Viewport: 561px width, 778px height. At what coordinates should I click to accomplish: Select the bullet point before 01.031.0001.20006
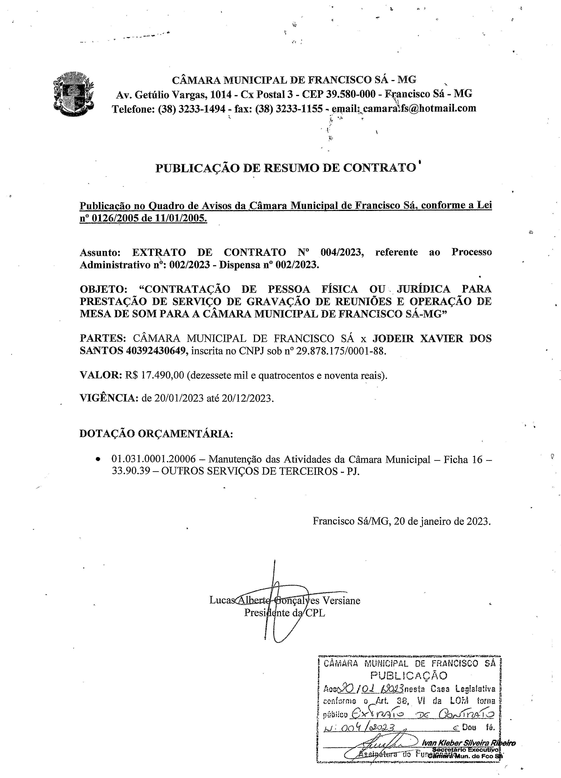(99, 459)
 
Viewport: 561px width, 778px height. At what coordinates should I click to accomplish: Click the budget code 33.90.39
(131, 471)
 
